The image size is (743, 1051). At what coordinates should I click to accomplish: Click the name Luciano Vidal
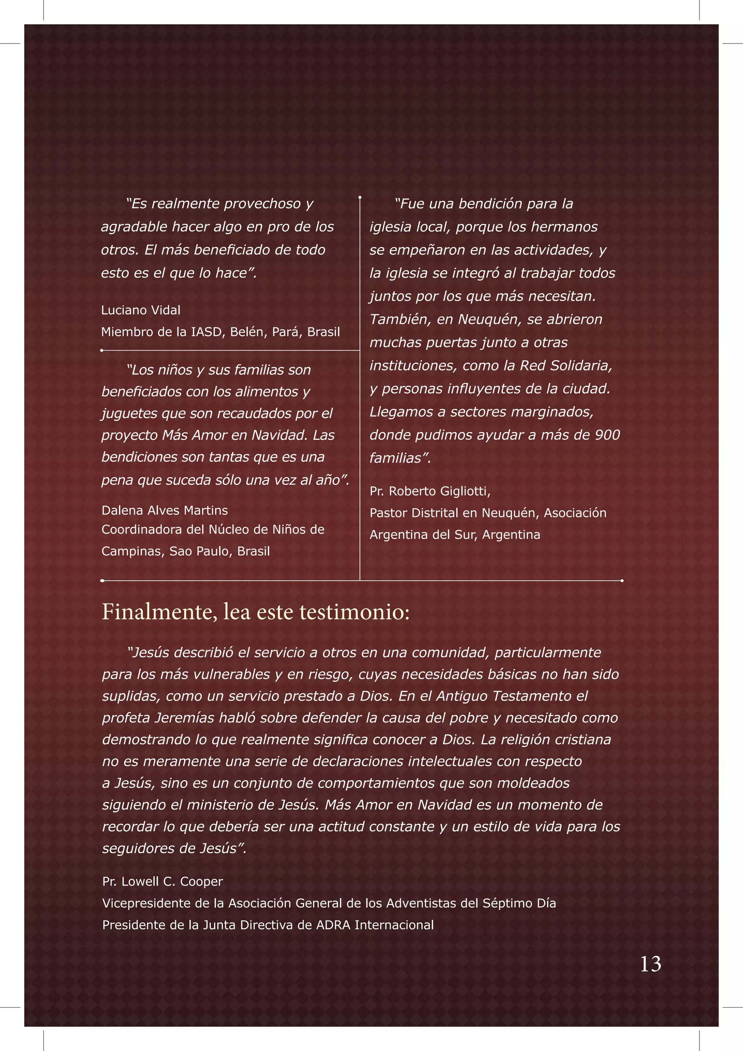point(141,310)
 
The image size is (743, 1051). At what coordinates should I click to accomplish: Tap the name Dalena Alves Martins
point(164,510)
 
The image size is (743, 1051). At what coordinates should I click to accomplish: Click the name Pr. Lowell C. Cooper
point(162,881)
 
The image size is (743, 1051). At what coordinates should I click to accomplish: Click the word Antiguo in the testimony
point(461,696)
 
